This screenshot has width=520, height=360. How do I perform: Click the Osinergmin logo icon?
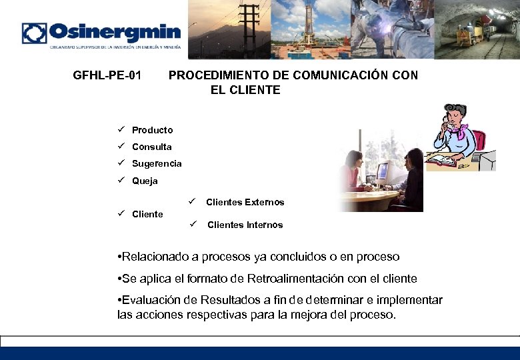pos(35,33)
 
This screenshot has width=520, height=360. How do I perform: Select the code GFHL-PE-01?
pos(107,75)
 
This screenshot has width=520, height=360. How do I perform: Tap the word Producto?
pos(152,130)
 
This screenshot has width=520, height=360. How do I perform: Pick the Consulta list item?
pos(151,147)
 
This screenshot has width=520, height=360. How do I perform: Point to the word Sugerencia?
pos(157,163)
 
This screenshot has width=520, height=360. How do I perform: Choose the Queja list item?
pos(145,181)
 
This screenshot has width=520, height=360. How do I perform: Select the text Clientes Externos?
pos(245,202)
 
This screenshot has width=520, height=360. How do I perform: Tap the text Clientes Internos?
pos(245,225)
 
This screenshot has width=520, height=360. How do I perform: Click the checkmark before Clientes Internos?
pos(192,224)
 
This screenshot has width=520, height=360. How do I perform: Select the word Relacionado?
pos(156,257)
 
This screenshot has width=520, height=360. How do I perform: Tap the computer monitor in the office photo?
pos(382,173)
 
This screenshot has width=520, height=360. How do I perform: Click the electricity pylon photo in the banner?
pos(230,30)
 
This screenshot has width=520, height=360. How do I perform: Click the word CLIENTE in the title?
pos(245,90)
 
